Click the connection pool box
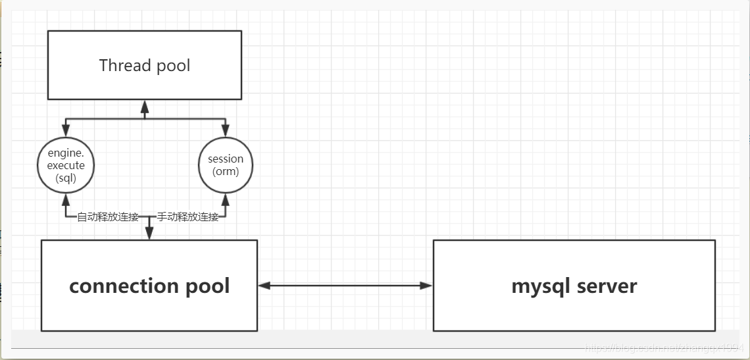149,285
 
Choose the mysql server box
574,285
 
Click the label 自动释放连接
108,217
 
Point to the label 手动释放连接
187,217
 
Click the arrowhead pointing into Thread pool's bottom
145,105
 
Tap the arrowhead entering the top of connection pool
149,234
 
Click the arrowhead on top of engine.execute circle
66,132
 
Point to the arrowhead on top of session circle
226,132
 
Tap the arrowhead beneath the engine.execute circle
66,198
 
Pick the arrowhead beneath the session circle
226,198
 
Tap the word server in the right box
607,286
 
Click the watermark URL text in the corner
664,347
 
